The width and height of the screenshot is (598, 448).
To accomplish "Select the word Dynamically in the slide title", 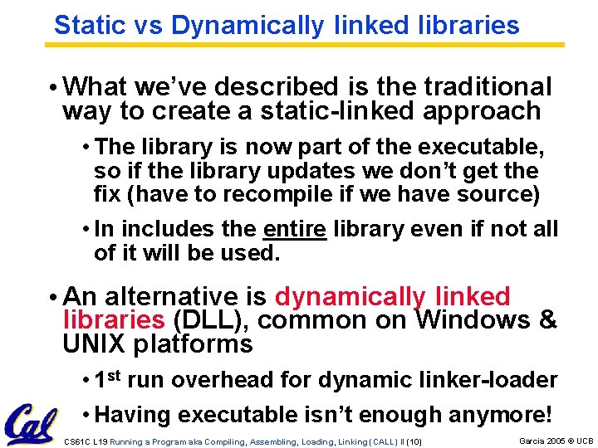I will pyautogui.click(x=247, y=25).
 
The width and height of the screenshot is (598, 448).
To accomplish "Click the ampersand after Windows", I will pyautogui.click(x=548, y=320).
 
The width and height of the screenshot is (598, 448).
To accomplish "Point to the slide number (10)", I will pyautogui.click(x=414, y=441).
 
